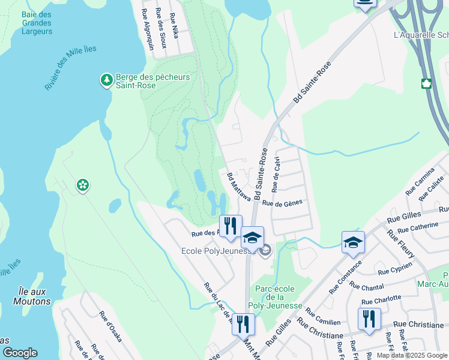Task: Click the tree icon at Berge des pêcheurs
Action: [x=106, y=79]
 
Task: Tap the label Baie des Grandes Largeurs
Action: [x=36, y=23]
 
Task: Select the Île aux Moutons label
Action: [x=32, y=296]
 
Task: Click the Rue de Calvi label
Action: [x=276, y=178]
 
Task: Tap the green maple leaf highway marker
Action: [x=427, y=83]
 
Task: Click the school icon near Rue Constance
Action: [x=353, y=242]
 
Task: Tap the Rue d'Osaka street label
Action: [x=110, y=326]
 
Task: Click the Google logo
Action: [x=20, y=353]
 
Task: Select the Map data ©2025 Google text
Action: [x=412, y=355]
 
